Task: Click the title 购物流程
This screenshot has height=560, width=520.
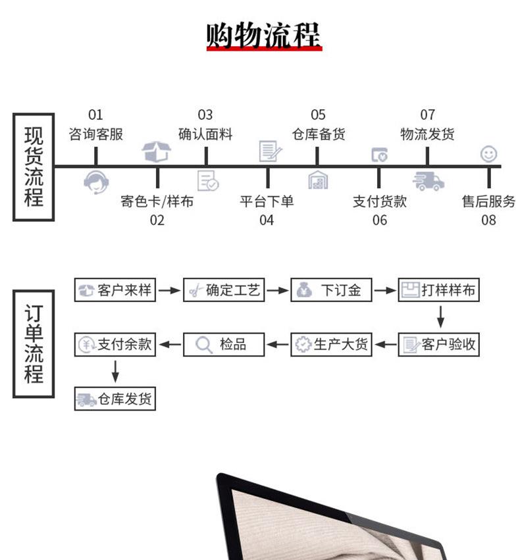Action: [263, 35]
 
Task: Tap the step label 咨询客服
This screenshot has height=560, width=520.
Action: [96, 134]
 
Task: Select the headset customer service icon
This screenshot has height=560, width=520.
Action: [96, 181]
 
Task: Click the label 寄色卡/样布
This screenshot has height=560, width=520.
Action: [157, 201]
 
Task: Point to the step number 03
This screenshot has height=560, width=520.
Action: [205, 116]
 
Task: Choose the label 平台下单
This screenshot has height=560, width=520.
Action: [267, 201]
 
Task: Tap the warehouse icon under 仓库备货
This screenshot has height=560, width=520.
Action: [318, 180]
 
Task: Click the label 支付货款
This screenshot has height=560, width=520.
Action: [380, 201]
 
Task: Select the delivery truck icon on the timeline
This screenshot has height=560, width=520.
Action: [428, 181]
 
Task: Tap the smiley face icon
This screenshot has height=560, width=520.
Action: [488, 154]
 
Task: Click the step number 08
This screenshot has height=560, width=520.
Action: [488, 220]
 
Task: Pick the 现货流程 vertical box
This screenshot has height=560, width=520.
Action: [34, 167]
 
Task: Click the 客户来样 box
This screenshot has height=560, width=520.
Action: [115, 290]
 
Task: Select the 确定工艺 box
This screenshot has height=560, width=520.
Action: [223, 290]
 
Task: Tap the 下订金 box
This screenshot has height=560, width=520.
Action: [331, 290]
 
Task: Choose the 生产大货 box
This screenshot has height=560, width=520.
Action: [331, 344]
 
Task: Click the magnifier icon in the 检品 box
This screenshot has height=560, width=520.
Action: [204, 344]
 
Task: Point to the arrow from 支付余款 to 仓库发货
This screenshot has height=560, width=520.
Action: [115, 371]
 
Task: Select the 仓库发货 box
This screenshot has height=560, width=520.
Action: [115, 399]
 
